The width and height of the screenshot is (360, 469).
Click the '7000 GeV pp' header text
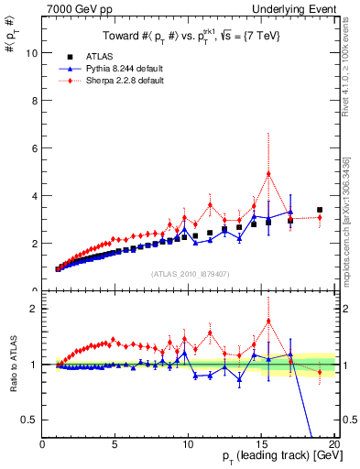70,9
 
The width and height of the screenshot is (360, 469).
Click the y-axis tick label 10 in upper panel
32,53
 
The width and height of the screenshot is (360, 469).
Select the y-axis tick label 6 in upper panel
34,148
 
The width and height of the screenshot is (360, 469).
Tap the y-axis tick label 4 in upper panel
34,196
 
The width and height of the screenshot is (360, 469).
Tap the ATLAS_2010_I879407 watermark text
188,273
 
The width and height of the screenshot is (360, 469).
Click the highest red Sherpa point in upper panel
268,174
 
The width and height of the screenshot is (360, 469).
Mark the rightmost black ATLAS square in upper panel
320,210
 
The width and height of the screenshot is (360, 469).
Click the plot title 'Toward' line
188,35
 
